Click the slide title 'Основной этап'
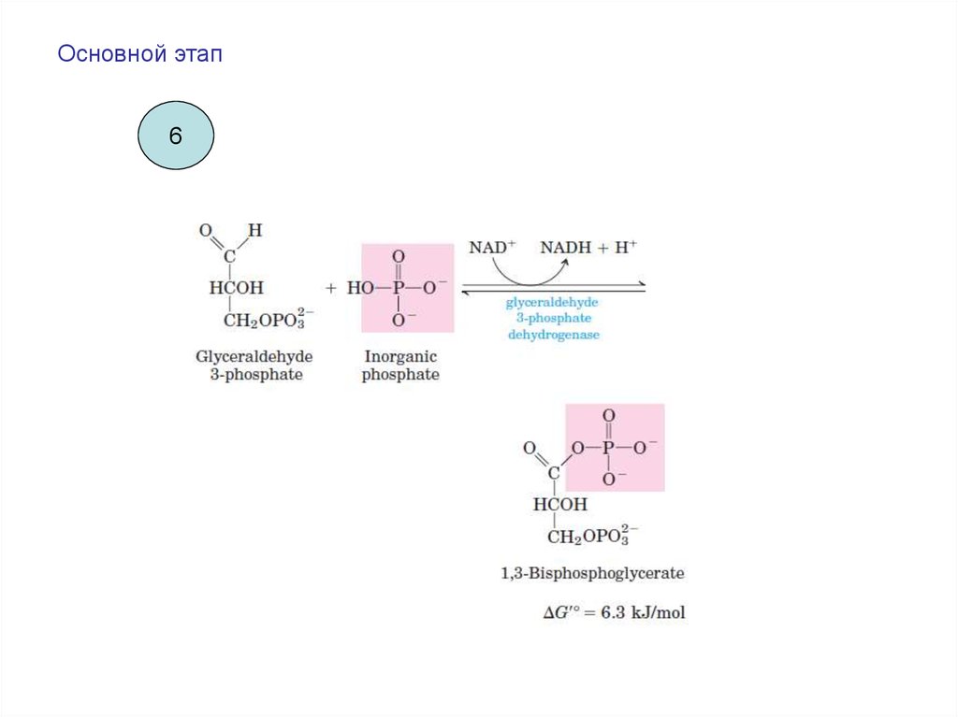click(139, 55)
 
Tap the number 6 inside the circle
click(175, 136)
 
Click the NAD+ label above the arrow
click(492, 248)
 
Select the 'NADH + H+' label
click(588, 248)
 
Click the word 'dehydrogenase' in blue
click(553, 334)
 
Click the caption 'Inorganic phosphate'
click(400, 366)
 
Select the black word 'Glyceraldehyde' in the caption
click(254, 357)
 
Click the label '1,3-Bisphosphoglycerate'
click(592, 572)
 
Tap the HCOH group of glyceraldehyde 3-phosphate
click(236, 288)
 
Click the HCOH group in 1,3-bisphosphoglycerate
click(560, 504)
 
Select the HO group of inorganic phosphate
click(360, 288)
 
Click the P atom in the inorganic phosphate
click(398, 288)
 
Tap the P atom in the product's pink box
click(609, 448)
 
